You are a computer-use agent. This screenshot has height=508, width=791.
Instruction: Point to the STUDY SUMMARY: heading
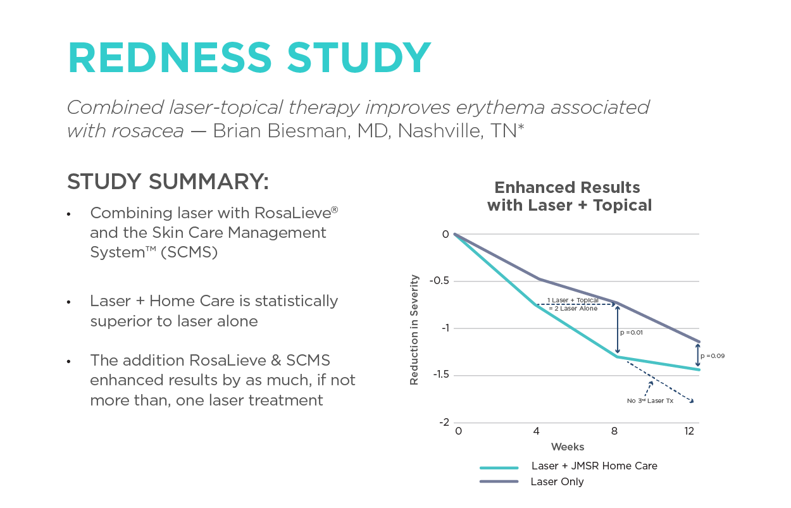[x=168, y=182]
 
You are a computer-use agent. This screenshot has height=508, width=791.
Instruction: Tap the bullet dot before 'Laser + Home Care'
[x=69, y=302]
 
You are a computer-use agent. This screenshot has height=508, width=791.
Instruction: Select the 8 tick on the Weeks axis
[x=614, y=432]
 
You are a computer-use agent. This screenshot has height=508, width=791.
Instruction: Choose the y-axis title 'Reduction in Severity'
[x=414, y=329]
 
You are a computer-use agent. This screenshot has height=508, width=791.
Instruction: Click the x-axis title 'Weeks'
[x=568, y=447]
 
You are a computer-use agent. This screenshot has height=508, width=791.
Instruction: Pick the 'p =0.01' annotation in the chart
[x=632, y=332]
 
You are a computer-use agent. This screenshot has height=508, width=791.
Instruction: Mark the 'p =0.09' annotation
[x=713, y=356]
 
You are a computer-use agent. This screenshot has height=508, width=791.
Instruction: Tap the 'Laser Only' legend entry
[x=557, y=482]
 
